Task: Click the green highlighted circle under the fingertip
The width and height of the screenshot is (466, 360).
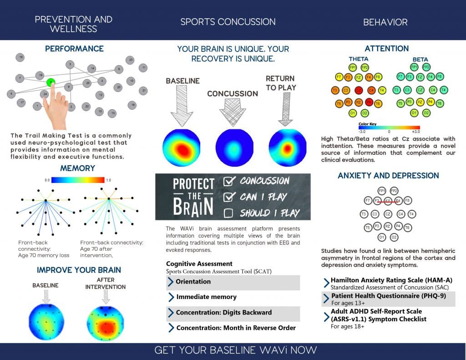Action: (51, 82)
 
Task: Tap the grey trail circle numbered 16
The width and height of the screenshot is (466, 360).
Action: (20, 57)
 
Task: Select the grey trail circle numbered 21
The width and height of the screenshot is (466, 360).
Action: (143, 91)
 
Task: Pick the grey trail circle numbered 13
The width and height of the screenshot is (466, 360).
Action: (112, 113)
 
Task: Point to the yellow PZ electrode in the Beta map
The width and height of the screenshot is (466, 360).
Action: (420, 102)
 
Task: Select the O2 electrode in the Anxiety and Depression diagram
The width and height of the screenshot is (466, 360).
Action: (394, 237)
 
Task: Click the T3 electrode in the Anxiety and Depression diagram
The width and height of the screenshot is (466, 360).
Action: (364, 214)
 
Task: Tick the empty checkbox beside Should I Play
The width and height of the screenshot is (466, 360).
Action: (229, 213)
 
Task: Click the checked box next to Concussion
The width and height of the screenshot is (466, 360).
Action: (230, 181)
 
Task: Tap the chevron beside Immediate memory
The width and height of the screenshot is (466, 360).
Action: (171, 297)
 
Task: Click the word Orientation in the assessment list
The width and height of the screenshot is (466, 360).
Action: (193, 282)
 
